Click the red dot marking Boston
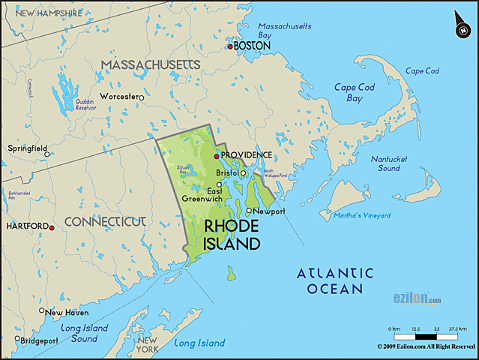point(231,46)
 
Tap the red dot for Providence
point(217,156)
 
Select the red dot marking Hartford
point(52,226)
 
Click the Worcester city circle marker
point(140,97)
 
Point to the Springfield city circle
point(47,154)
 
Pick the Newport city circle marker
point(250,211)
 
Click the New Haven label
point(67,313)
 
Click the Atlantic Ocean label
point(335,280)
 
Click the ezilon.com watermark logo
point(418,298)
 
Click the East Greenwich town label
point(202,194)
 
